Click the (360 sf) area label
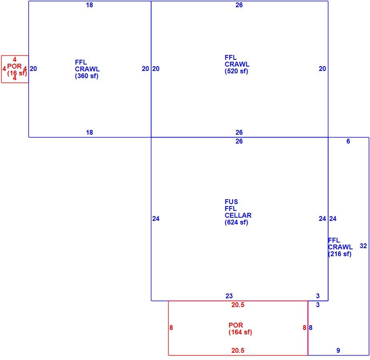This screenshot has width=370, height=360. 86,76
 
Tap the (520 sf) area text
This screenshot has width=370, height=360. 236,71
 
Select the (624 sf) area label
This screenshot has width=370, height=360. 236,222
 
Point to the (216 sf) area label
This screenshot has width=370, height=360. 340,254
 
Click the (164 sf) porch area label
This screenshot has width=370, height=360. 240,332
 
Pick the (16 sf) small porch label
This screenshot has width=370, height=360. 17,73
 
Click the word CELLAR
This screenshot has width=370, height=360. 238,215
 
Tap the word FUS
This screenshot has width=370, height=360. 231,202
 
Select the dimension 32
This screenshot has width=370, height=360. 363,246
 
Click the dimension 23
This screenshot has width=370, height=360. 229,296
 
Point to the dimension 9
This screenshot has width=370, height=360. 338,350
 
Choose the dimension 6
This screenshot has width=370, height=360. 348,141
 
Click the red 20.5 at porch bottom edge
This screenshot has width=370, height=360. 237,350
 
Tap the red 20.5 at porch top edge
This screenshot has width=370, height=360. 237,305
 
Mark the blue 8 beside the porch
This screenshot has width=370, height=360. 311,328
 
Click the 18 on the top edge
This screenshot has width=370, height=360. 89,5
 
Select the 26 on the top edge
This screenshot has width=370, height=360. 239,5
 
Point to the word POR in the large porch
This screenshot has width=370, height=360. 235,325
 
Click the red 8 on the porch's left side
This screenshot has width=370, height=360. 171,328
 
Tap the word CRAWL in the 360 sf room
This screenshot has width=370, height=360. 87,69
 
